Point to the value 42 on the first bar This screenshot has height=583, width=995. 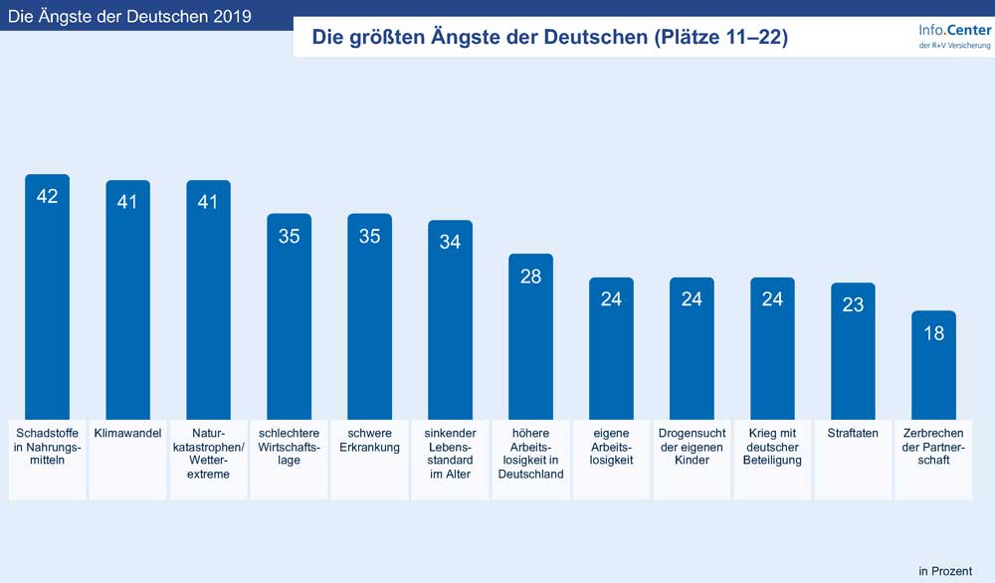[47, 196]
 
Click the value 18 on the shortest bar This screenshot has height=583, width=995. [933, 334]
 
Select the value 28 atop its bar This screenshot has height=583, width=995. [530, 277]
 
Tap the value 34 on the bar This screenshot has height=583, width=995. [450, 242]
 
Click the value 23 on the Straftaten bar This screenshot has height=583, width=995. [853, 305]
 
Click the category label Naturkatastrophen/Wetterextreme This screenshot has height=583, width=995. [208, 454]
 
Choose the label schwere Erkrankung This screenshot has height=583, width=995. [369, 441]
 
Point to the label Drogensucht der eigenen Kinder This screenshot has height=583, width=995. [692, 447]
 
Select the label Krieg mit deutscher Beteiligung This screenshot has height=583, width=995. [772, 447]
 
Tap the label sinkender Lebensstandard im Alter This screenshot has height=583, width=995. [450, 454]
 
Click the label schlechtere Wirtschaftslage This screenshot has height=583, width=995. [289, 447]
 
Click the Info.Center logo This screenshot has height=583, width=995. [954, 37]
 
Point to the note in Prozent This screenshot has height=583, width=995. [944, 570]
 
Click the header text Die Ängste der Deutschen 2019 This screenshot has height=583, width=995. [129, 17]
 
